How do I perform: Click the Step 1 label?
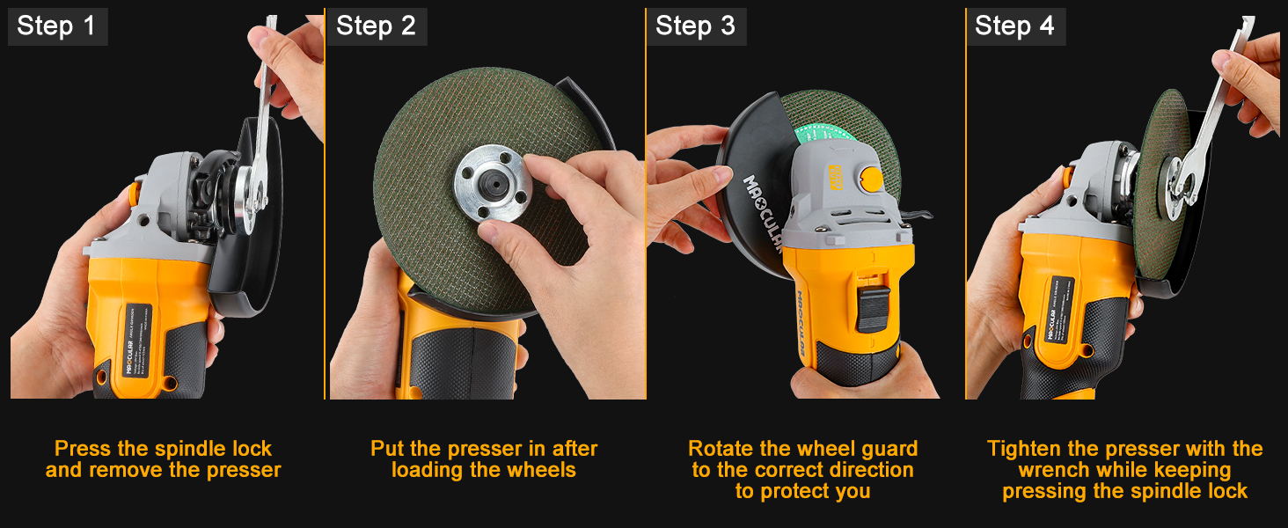click(56, 26)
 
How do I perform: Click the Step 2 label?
click(376, 26)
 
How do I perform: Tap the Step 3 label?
click(695, 26)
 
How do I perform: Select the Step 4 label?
click(1014, 26)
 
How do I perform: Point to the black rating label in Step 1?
click(139, 339)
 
